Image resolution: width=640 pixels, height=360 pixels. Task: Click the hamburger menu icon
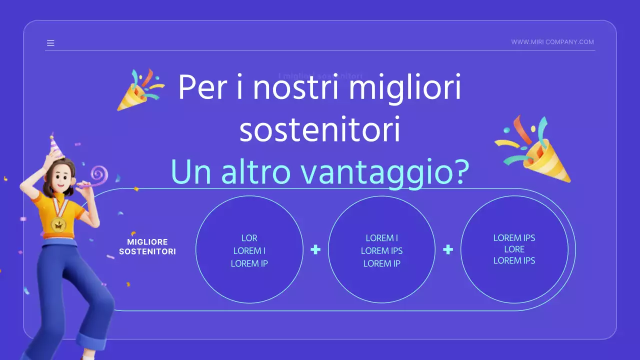tap(50, 43)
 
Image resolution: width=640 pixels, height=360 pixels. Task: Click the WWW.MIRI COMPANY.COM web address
tap(552, 42)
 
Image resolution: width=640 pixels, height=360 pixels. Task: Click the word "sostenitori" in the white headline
tap(320, 130)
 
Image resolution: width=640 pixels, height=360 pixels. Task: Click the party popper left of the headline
tap(138, 90)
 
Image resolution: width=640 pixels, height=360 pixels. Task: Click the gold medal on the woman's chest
tap(59, 224)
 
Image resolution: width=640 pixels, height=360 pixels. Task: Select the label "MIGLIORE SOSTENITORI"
tap(147, 247)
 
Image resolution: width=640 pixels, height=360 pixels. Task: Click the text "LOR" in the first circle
tap(249, 238)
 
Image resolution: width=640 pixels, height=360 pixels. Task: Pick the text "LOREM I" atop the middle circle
tap(382, 238)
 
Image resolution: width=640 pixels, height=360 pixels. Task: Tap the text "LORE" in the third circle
tap(514, 249)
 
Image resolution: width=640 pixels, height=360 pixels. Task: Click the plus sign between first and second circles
tap(315, 249)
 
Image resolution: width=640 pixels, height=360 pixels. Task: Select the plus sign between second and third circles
tap(448, 249)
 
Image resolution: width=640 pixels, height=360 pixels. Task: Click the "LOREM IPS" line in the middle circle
tap(382, 250)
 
